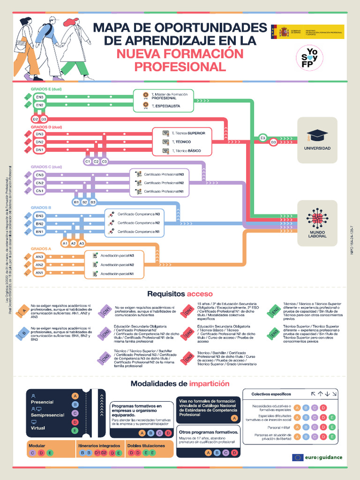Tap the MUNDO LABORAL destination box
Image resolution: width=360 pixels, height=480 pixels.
[317, 223]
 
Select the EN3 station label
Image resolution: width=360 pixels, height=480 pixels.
[40, 97]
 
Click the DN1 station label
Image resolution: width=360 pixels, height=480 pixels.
[40, 150]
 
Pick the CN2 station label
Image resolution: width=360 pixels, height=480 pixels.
[40, 183]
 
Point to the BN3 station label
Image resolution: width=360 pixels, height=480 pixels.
[40, 216]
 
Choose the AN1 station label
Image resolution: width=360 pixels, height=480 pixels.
[40, 273]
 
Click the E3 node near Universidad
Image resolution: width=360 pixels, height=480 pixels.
[262, 138]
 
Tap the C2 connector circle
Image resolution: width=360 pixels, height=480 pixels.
[96, 162]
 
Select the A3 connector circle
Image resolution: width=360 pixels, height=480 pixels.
[82, 243]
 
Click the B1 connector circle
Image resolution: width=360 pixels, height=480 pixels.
[76, 202]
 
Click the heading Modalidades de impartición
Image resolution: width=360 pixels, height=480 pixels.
[180, 383]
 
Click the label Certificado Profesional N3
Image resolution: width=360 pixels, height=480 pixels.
[163, 174]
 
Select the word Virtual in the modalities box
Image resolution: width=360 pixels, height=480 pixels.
[38, 428]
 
